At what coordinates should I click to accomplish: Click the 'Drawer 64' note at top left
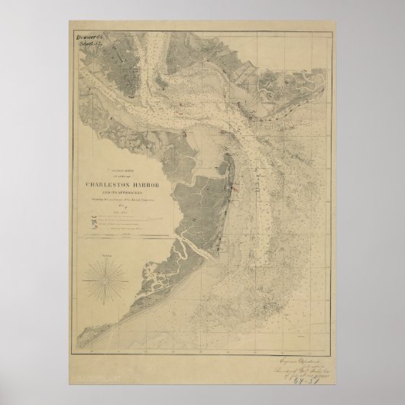click(89, 37)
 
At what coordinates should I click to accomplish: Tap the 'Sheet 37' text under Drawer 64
click(89, 44)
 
